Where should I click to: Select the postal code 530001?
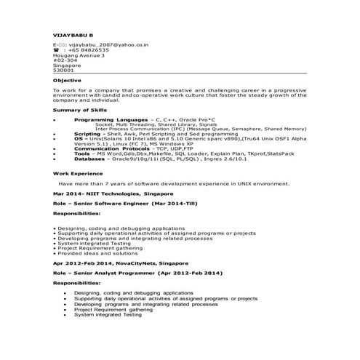click(x=63, y=70)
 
